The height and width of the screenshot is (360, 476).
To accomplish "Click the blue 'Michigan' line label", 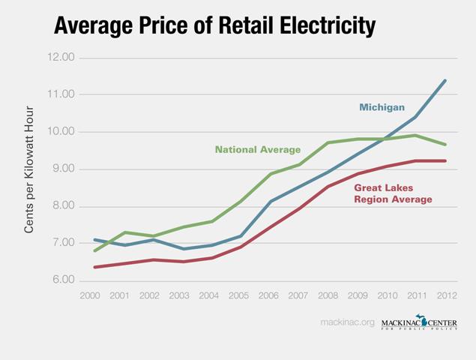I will [x=382, y=107].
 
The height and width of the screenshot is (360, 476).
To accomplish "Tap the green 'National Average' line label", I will [x=257, y=149].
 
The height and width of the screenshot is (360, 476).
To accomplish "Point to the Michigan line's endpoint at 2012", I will [x=446, y=80].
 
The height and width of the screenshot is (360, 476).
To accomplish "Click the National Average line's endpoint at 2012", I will [x=446, y=144].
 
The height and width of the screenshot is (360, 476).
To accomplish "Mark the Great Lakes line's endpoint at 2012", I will [x=446, y=160].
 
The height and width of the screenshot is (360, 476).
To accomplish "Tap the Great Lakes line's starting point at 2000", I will [x=94, y=267].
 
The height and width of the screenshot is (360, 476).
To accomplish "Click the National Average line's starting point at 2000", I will [x=94, y=250].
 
